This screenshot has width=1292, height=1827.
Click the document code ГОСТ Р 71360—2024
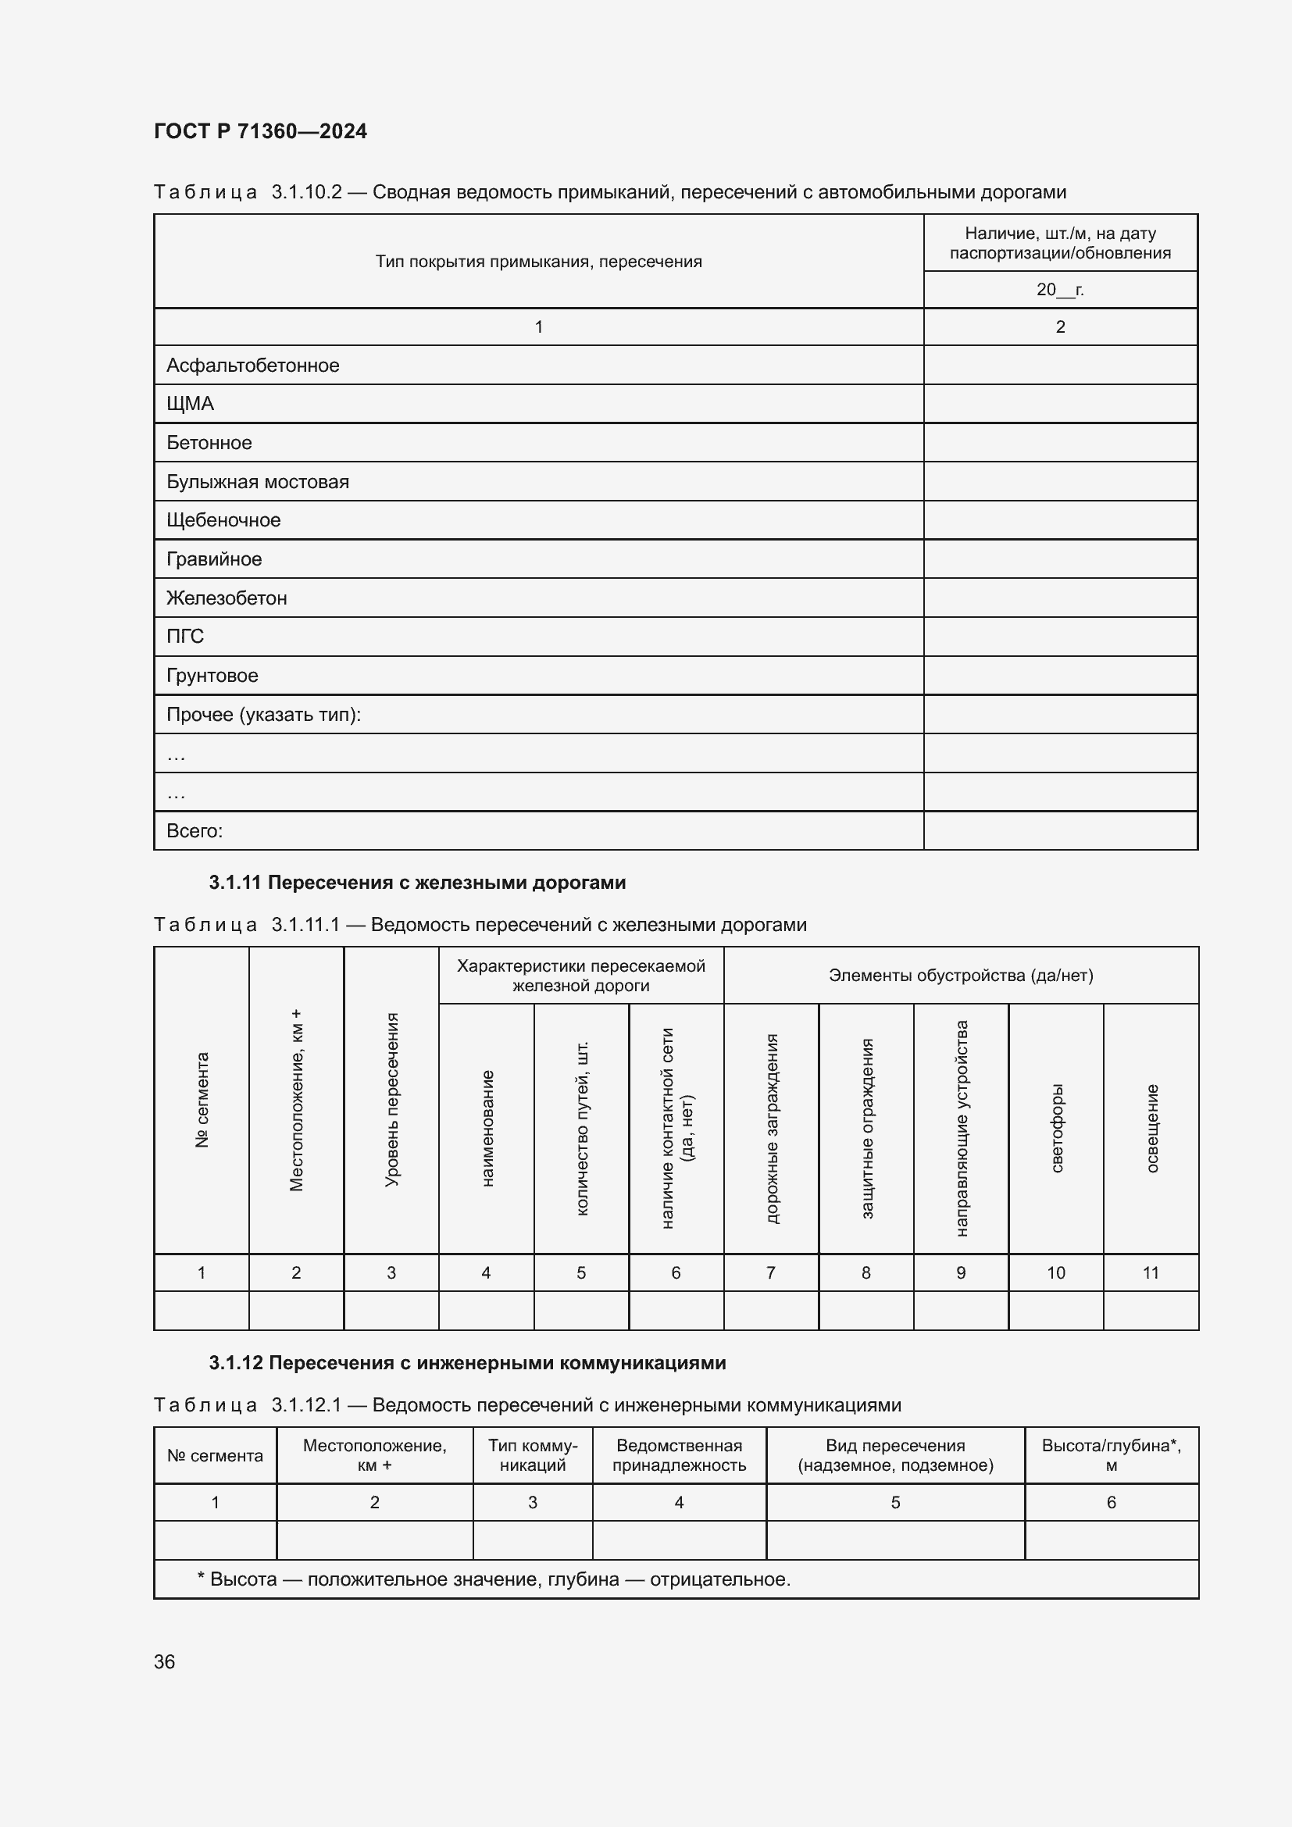260,131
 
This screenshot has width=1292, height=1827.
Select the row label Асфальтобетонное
252,366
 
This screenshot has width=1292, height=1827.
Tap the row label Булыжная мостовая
257,481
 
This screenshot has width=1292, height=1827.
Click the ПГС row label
184,637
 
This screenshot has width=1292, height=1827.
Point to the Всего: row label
195,831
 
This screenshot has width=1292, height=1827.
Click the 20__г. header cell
1060,290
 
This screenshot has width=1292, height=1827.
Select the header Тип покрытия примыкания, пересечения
539,262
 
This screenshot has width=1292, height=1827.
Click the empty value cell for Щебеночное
1060,520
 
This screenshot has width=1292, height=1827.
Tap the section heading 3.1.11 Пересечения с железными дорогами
417,883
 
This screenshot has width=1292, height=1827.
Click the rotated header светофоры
1057,1128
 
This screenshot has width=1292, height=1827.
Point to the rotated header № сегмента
202,1100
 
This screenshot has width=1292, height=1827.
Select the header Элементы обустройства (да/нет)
960,976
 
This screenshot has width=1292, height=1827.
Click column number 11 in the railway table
1151,1272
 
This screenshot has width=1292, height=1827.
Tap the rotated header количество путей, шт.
582,1128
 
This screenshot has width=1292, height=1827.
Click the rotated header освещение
1151,1128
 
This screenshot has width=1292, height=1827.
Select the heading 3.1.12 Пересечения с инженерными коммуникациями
467,1363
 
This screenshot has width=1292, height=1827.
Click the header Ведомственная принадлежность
679,1455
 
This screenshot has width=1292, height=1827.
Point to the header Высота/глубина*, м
1111,1455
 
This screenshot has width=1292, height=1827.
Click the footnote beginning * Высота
493,1579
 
